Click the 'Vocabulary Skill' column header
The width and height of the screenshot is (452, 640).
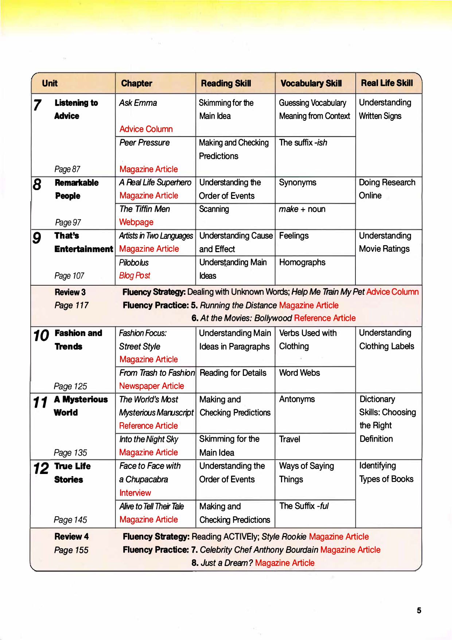pos(311,83)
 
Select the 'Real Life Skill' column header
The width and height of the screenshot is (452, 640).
pos(387,83)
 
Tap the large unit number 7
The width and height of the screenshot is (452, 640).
pos(37,105)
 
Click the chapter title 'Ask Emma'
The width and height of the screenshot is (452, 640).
pos(138,103)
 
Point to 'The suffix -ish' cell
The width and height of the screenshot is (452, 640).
pos(303,143)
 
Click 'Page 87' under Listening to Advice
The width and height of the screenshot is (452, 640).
pos(67,169)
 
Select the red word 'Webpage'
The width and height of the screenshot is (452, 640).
pos(136,222)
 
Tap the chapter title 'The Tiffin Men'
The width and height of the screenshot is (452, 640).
pos(145,209)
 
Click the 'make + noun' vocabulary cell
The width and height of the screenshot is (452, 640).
pos(302,209)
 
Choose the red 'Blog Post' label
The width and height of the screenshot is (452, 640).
pos(135,275)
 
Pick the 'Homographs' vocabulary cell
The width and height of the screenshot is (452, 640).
pos(302,262)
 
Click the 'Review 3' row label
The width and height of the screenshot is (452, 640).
pos(70,292)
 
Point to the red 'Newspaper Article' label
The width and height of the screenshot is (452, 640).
pos(152,386)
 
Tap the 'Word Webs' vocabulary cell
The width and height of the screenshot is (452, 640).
pos(299,373)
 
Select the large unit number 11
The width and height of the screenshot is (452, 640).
pos(40,402)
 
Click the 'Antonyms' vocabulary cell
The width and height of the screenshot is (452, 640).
pos(297,399)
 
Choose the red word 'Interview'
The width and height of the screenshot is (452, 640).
pos(135,493)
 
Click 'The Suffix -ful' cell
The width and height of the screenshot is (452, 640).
pos(304,506)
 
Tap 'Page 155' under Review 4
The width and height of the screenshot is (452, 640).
pos(71,550)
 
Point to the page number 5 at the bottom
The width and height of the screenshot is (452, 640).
pos(419,610)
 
